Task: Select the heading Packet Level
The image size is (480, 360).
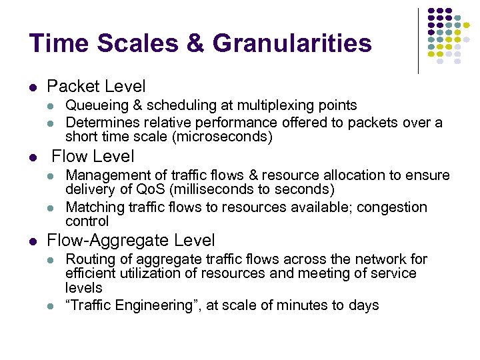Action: coord(96,87)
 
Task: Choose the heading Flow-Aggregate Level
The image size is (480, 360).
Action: coord(131,240)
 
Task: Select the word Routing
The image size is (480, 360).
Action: coord(89,259)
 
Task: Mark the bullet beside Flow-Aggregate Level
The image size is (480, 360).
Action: coord(33,241)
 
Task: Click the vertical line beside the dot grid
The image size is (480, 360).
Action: coord(418,40)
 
